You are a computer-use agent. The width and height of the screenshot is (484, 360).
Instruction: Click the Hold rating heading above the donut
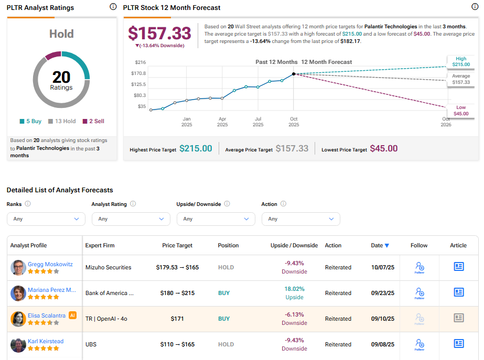click(61, 34)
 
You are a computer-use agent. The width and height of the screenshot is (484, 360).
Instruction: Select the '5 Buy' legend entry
click(30, 121)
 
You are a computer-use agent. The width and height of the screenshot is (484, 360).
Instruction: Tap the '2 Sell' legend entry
click(93, 121)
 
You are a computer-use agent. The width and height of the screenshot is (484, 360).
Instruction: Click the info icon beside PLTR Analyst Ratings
click(113, 7)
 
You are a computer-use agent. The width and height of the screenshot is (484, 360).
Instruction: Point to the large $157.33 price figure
click(159, 33)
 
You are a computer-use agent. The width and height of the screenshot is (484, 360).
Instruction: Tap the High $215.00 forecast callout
click(460, 61)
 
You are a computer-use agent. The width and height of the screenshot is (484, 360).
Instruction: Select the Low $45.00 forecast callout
click(460, 111)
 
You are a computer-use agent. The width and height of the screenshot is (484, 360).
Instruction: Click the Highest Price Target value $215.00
click(196, 149)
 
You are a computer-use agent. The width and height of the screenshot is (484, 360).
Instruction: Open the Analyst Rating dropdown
click(131, 219)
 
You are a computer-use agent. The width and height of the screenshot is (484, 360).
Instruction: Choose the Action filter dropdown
click(300, 219)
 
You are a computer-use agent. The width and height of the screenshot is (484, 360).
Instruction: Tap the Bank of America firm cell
click(110, 293)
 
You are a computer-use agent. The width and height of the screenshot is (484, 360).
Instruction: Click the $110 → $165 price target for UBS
click(177, 344)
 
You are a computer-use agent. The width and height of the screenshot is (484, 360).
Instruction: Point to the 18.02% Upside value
click(294, 289)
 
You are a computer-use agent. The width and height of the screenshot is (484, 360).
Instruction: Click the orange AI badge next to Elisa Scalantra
click(73, 315)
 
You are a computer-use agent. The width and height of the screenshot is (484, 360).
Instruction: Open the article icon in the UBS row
click(458, 344)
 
